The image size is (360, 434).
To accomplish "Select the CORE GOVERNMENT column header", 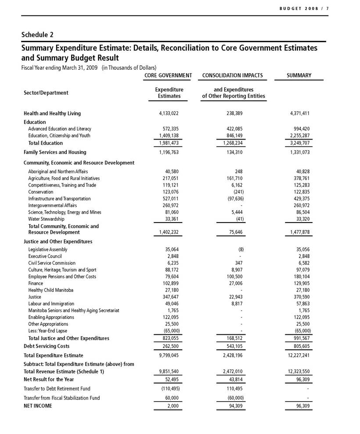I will pyautogui.click(x=168, y=75).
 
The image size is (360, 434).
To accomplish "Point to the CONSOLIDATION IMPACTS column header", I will pyautogui.click(x=233, y=75).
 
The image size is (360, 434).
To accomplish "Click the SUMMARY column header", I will pyautogui.click(x=299, y=75).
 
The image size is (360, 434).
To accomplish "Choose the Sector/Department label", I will pyautogui.click(x=46, y=93).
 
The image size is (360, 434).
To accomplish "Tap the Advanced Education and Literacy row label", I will pyautogui.click(x=60, y=129).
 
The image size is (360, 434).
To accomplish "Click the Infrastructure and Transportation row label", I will pyautogui.click(x=59, y=199).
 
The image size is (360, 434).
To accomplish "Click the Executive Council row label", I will pyautogui.click(x=45, y=256).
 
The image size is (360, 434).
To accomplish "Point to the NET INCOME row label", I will pyautogui.click(x=38, y=406).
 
